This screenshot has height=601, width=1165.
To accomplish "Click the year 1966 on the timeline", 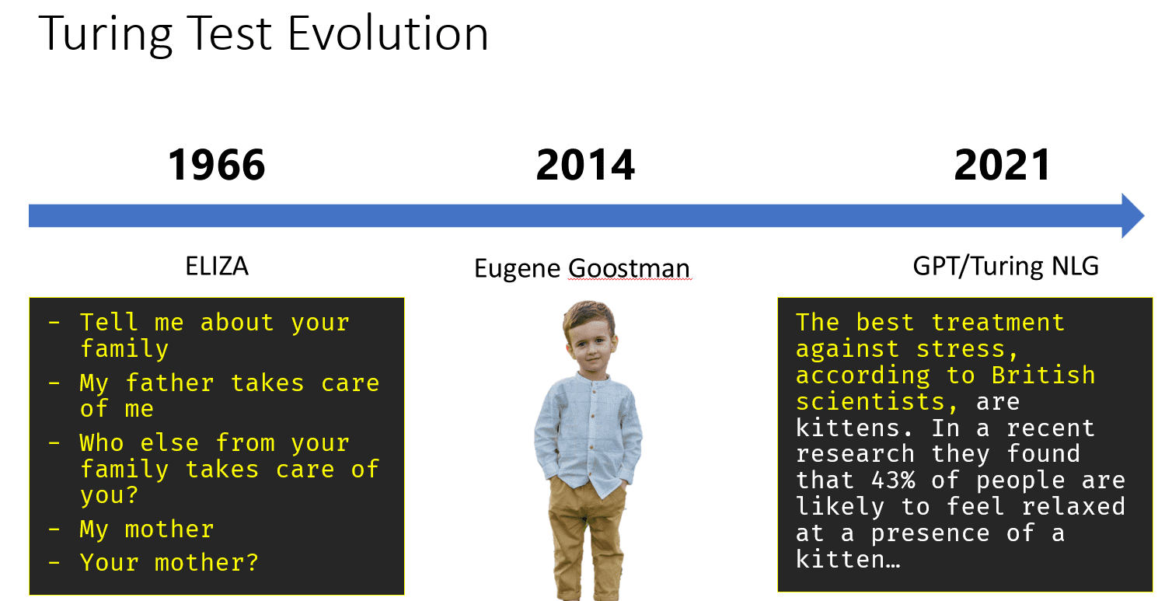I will pyautogui.click(x=217, y=166).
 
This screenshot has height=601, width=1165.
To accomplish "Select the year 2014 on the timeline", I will pyautogui.click(x=585, y=166).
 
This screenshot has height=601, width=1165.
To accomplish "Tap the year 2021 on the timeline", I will pyautogui.click(x=1003, y=166).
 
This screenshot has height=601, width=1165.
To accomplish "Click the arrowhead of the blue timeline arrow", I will pyautogui.click(x=1132, y=216).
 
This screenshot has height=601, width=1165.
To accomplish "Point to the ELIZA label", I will pyautogui.click(x=217, y=267).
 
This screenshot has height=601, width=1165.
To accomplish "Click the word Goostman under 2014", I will pyautogui.click(x=629, y=269).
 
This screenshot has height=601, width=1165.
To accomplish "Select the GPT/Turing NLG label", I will pyautogui.click(x=1006, y=267).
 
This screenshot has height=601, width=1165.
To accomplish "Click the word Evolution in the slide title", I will pyautogui.click(x=389, y=35).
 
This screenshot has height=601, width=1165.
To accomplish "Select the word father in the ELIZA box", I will pyautogui.click(x=171, y=383).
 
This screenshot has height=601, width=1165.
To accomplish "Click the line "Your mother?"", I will pyautogui.click(x=169, y=562).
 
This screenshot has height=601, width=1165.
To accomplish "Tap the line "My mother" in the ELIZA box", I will pyautogui.click(x=146, y=529).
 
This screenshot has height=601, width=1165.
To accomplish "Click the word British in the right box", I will pyautogui.click(x=1043, y=375).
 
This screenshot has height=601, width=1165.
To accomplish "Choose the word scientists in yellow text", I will pyautogui.click(x=870, y=401).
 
